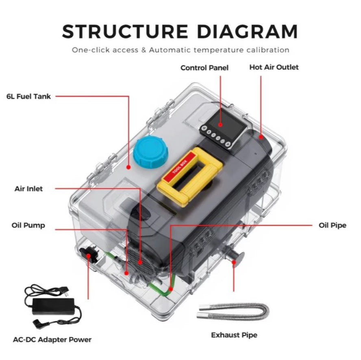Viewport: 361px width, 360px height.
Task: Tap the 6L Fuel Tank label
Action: coord(28,97)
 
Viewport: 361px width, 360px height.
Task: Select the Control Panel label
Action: coord(204,68)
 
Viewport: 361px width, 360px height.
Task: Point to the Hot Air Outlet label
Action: coord(274,67)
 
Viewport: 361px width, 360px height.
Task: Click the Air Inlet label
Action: coord(28,189)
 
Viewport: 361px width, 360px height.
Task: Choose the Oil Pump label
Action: coord(28,225)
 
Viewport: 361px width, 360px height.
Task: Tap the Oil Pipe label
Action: coord(333,225)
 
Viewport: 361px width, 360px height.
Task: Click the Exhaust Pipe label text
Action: coord(234,335)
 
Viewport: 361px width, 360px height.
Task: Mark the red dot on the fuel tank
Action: coord(128,167)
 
